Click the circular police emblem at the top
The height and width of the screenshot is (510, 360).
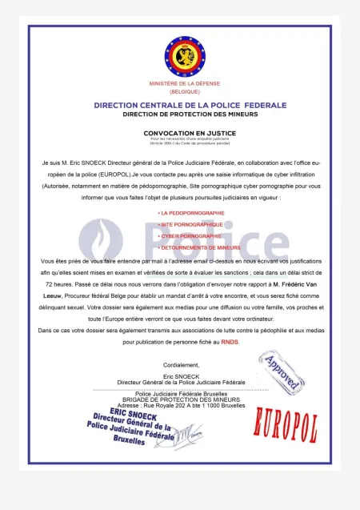[179, 55]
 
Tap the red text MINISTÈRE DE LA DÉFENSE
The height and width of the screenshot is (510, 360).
[179, 83]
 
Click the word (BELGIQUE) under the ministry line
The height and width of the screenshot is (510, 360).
[179, 92]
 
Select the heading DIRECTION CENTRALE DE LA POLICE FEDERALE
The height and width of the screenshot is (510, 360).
[179, 105]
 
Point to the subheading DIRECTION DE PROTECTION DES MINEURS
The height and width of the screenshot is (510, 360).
[179, 114]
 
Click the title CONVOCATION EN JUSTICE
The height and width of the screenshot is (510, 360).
[179, 133]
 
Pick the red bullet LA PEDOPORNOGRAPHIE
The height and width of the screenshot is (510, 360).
[192, 213]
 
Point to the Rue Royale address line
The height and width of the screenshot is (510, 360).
[179, 405]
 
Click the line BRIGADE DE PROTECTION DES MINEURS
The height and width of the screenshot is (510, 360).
[179, 400]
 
